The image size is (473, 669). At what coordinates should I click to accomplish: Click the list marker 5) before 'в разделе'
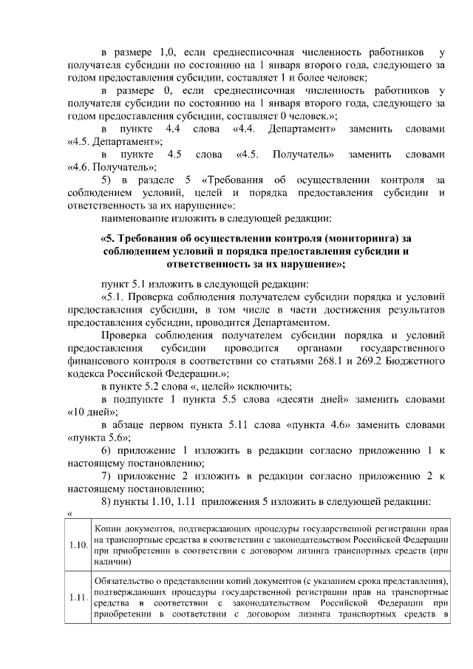click(107, 180)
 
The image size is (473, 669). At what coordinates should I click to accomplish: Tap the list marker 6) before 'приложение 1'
click(107, 450)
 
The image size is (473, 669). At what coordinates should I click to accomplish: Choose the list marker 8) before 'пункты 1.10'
click(107, 501)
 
